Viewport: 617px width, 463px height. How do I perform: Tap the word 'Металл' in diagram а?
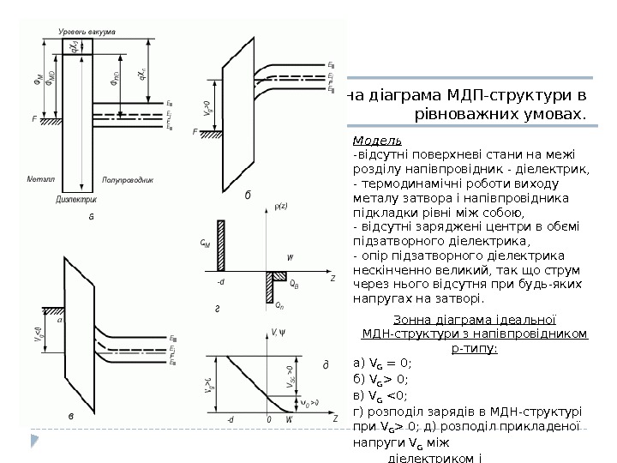40,180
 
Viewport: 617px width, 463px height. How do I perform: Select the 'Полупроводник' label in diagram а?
129,180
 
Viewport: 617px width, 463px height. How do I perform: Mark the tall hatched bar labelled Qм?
220,246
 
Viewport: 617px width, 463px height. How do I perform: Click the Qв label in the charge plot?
294,282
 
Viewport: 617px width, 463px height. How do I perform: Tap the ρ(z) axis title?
281,206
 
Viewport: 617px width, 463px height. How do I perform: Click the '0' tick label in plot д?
269,420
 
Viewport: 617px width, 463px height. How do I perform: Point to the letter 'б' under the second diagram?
248,195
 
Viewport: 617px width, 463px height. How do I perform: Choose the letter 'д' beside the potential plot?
325,365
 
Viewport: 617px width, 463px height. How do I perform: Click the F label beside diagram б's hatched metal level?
196,132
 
